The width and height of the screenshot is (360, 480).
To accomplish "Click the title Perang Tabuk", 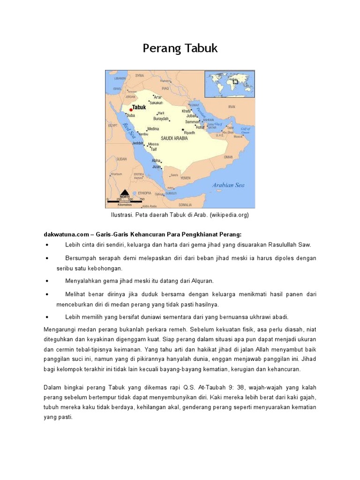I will [x=180, y=49].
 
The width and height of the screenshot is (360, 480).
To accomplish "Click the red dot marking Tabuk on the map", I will [x=131, y=110].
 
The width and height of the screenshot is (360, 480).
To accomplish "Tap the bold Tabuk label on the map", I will [x=140, y=107].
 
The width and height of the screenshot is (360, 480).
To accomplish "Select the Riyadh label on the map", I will [x=189, y=133].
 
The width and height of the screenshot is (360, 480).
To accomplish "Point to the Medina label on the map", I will [x=153, y=128].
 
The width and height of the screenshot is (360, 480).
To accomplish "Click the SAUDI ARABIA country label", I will [x=174, y=139].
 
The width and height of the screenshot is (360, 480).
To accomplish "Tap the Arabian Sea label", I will [x=228, y=185].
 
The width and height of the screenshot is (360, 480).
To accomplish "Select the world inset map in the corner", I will [x=229, y=83].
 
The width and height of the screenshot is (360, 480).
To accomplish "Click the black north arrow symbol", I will [x=125, y=192].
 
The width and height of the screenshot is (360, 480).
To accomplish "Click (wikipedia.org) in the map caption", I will [x=229, y=215].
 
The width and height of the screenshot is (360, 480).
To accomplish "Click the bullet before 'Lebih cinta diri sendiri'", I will [x=48, y=245].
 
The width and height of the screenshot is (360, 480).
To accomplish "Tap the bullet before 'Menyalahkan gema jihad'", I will [x=48, y=281].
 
